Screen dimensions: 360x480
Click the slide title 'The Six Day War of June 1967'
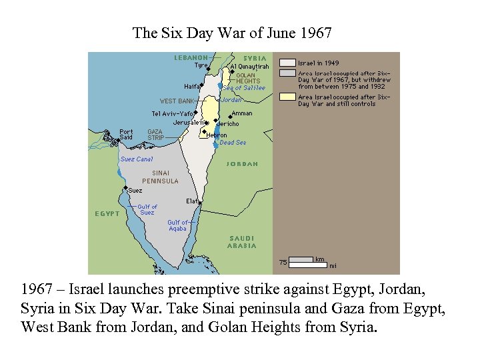click(232, 33)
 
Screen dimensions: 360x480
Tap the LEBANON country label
click(191, 57)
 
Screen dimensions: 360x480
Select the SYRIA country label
click(255, 58)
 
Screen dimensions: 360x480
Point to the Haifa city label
click(191, 86)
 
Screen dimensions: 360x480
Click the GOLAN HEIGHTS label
click(248, 78)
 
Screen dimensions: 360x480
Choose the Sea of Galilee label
click(244, 88)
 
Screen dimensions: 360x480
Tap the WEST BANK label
click(177, 101)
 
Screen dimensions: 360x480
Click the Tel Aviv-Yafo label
click(172, 113)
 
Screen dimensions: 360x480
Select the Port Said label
click(125, 134)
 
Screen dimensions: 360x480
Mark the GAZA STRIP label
click(155, 135)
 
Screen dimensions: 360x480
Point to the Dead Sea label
click(233, 143)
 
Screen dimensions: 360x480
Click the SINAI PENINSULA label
click(160, 177)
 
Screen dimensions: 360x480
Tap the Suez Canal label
click(137, 159)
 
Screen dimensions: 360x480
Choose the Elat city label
click(192, 200)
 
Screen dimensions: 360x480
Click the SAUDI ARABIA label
click(241, 242)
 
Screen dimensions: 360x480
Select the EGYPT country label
click(107, 213)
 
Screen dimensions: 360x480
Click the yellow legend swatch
click(287, 97)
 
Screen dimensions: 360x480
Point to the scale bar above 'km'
click(302, 259)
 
